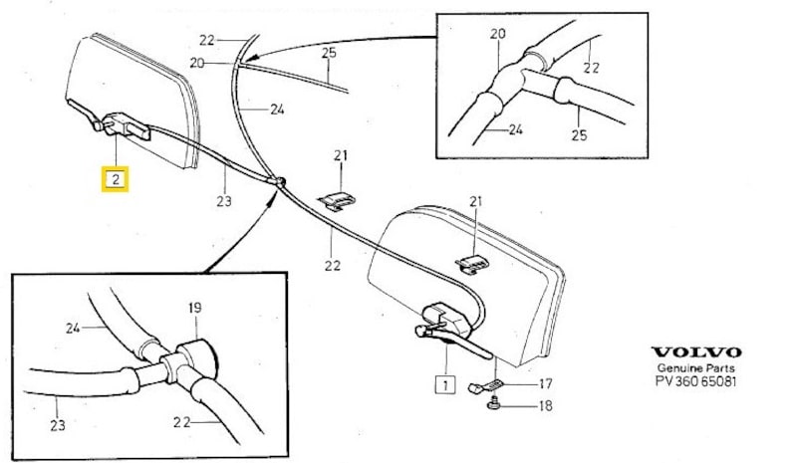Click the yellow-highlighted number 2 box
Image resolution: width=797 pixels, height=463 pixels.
117,180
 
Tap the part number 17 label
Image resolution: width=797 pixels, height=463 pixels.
545,382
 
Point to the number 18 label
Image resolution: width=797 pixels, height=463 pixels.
545,405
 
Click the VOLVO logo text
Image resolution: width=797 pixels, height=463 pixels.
696,352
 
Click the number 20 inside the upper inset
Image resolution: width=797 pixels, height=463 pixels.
498,34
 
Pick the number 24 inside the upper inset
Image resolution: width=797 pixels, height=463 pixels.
516,128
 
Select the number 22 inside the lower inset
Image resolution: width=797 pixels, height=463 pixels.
180,422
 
